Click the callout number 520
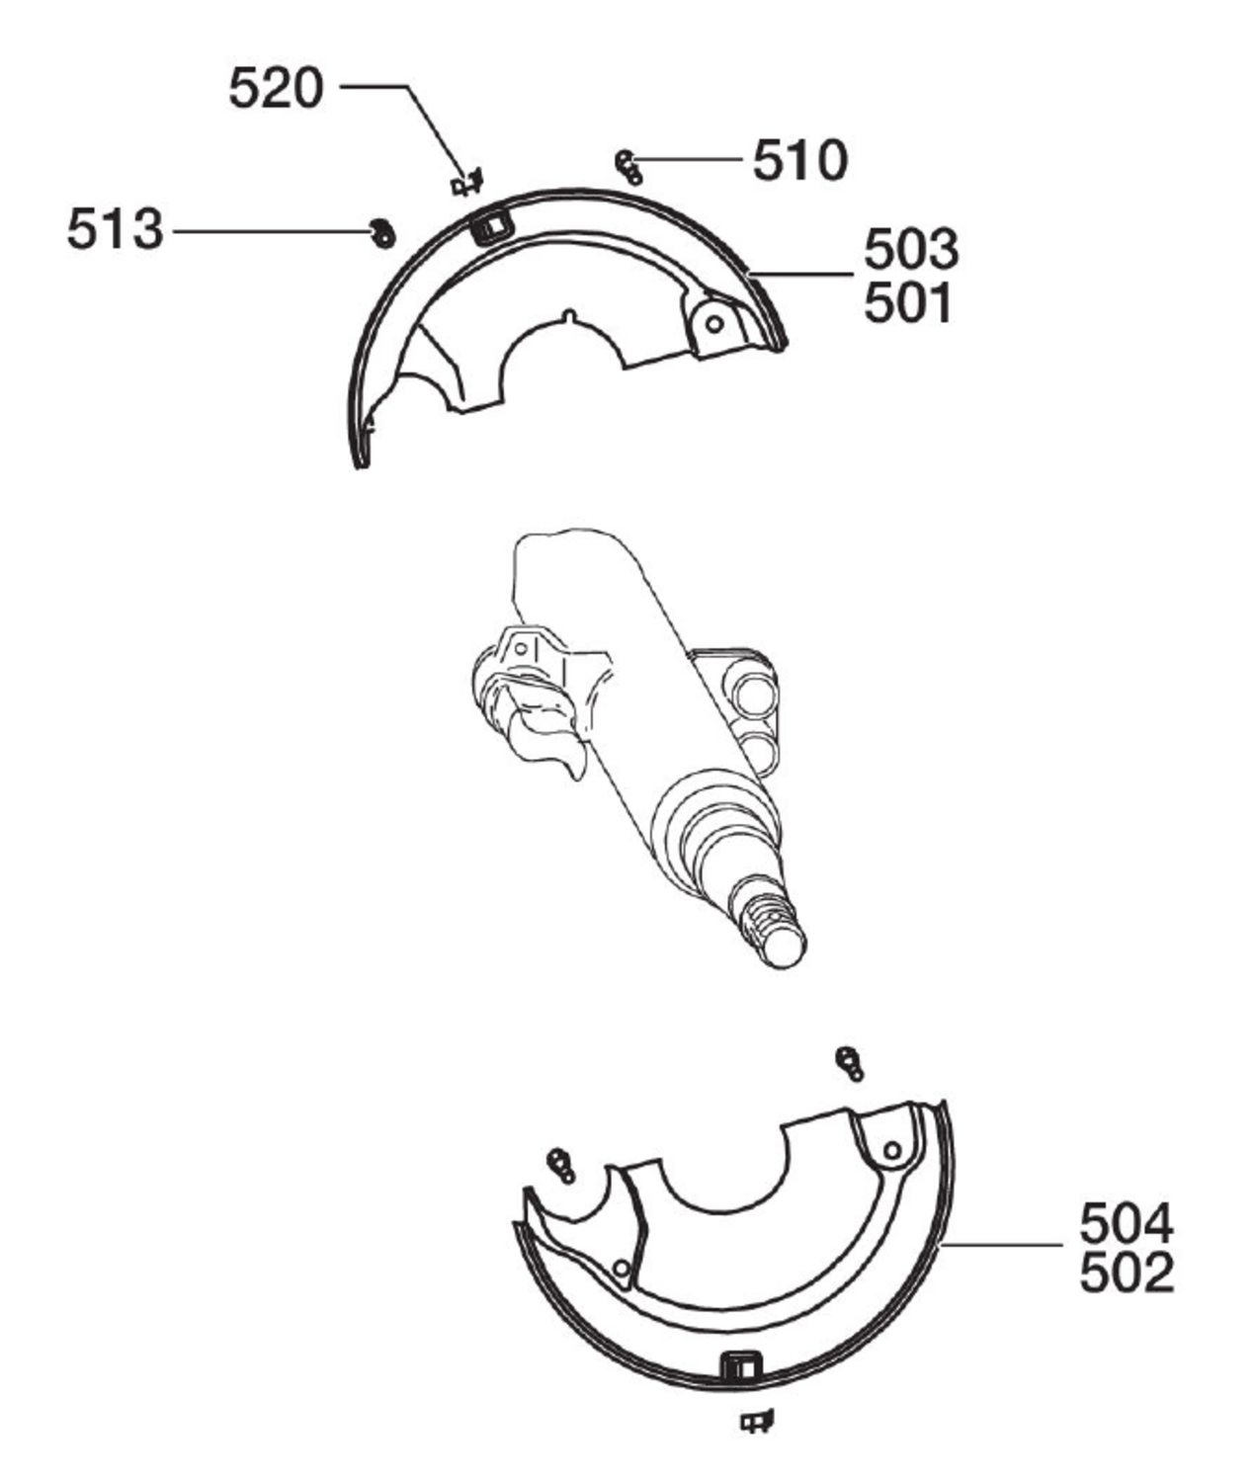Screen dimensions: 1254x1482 click(276, 88)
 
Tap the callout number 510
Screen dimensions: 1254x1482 click(800, 161)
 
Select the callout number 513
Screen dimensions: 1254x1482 click(115, 229)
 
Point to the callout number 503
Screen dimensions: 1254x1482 click(910, 249)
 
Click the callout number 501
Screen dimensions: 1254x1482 click(908, 303)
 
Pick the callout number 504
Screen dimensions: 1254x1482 click(1127, 1223)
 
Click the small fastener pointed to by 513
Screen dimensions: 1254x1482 click(382, 233)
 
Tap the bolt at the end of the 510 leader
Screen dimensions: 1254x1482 click(628, 167)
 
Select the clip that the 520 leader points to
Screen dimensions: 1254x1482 click(466, 183)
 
